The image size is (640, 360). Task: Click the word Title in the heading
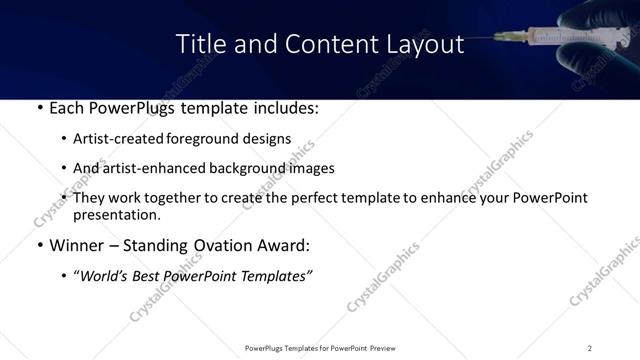199,44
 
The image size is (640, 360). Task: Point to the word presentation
116,214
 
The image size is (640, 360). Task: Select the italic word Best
145,275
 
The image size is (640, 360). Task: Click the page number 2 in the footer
589,348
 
